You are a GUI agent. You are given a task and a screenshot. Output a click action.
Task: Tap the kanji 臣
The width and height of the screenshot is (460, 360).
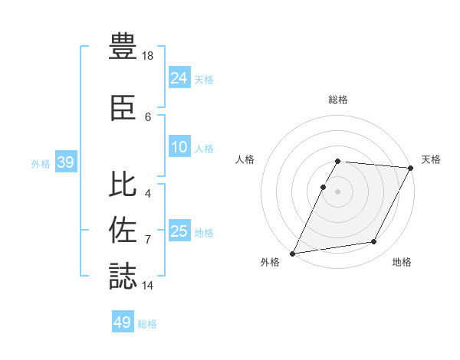[123, 107]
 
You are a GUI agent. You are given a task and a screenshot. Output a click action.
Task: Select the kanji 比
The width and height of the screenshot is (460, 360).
[123, 185]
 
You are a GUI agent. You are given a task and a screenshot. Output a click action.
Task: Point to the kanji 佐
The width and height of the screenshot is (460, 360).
[123, 230]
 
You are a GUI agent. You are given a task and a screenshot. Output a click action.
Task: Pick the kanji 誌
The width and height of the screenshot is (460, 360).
[123, 276]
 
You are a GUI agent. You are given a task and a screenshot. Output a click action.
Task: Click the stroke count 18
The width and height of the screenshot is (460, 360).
[148, 56]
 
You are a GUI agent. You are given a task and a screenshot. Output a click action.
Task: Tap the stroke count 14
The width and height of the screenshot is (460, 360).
[148, 286]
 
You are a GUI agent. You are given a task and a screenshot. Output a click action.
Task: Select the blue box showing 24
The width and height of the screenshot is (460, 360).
[179, 78]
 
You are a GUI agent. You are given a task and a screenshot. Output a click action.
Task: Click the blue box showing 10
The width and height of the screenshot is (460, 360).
[179, 148]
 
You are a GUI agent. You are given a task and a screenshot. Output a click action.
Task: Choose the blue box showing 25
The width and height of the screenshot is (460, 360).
[179, 231]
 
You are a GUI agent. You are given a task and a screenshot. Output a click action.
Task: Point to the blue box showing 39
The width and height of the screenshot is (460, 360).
[65, 163]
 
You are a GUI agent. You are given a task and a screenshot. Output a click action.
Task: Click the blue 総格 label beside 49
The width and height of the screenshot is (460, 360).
[147, 324]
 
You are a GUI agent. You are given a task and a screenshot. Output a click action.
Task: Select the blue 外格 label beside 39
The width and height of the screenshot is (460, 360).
[41, 164]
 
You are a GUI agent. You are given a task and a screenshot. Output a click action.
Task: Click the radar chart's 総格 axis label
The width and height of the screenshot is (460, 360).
[338, 100]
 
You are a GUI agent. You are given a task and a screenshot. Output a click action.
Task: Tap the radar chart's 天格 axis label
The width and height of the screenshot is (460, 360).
[432, 159]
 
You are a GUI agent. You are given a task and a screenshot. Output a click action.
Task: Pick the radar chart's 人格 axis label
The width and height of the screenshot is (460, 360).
[245, 159]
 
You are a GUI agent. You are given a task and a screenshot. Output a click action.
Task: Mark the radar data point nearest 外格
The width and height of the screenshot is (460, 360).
[293, 254]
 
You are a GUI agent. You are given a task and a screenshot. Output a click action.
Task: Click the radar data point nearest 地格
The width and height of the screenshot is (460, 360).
[374, 242]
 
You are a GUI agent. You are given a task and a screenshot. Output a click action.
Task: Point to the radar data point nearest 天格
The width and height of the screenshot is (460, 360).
[411, 168]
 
